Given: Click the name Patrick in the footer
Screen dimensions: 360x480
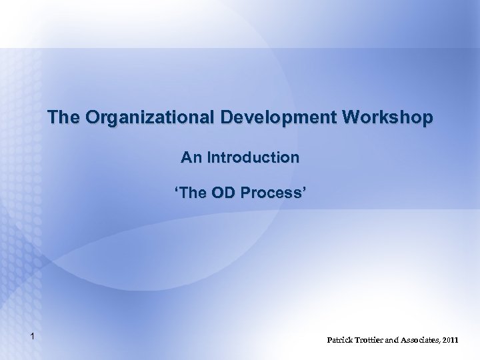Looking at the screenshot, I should (341, 340).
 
